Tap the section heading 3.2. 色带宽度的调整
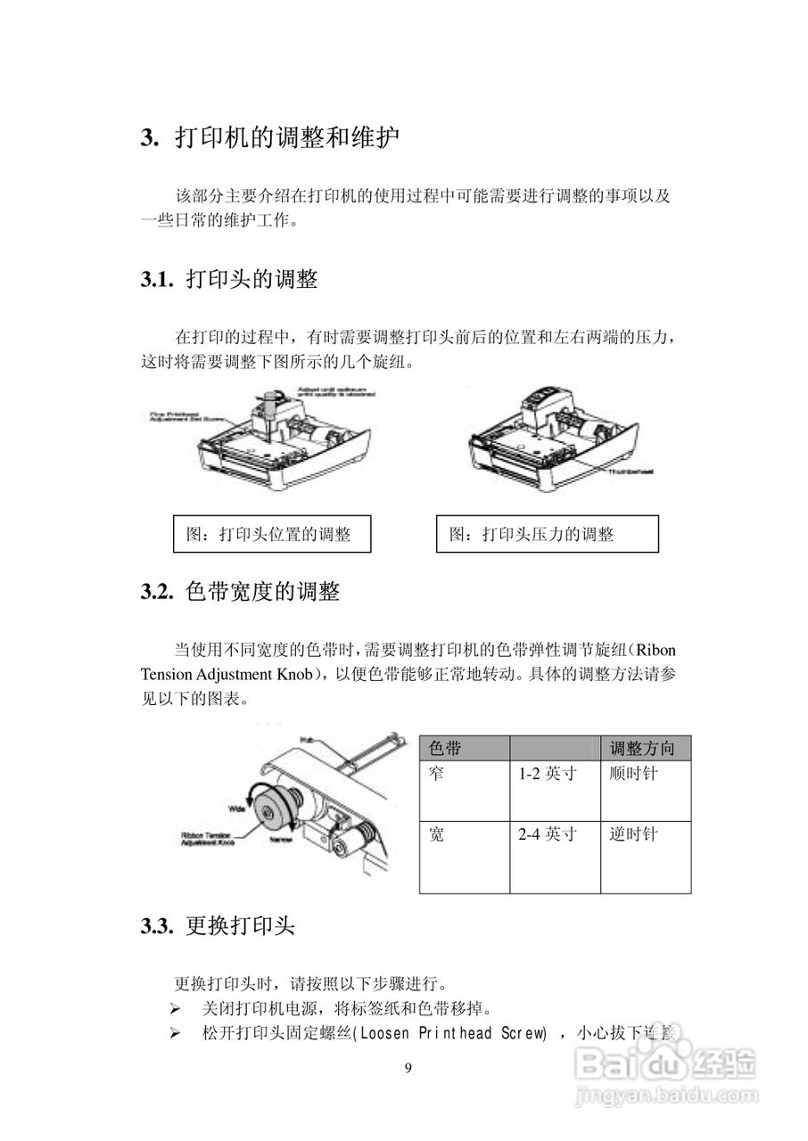[239, 591]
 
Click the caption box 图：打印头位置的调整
[271, 534]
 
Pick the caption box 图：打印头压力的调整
[547, 534]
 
